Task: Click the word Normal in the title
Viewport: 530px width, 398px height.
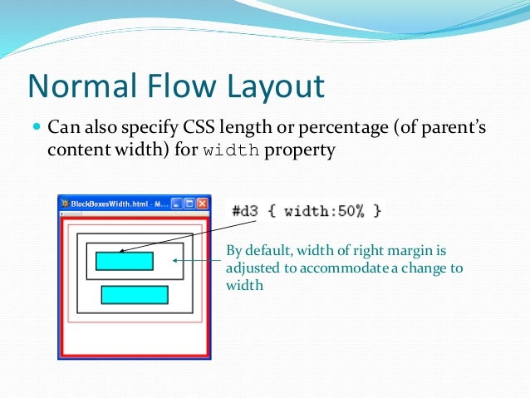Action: (x=80, y=87)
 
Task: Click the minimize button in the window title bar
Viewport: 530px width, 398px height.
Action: (x=177, y=204)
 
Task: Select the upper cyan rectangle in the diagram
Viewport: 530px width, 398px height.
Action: (x=125, y=261)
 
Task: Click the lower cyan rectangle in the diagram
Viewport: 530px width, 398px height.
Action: (x=135, y=295)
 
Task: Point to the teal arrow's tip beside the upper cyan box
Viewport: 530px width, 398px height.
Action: (x=173, y=261)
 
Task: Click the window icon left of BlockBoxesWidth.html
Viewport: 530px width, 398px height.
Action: (x=65, y=204)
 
